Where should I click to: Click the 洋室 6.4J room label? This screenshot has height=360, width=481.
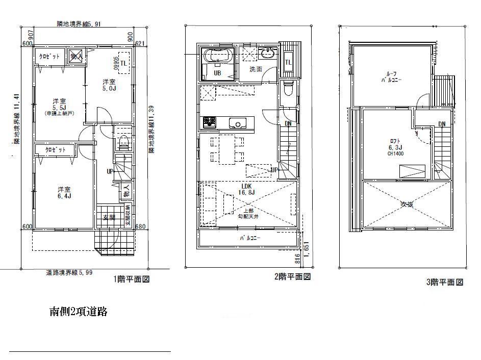(x=64, y=191)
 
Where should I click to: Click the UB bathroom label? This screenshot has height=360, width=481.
(x=217, y=72)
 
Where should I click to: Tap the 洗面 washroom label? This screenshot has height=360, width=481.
(x=256, y=69)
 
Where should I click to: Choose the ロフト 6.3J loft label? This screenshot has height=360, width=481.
(x=395, y=144)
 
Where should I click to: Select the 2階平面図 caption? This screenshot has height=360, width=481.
(x=292, y=276)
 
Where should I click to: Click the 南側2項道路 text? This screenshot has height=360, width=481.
(x=78, y=312)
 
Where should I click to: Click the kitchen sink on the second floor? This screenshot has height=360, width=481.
(x=238, y=122)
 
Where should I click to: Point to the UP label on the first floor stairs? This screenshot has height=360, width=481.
(x=110, y=171)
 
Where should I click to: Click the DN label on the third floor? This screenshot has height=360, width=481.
(x=441, y=124)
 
